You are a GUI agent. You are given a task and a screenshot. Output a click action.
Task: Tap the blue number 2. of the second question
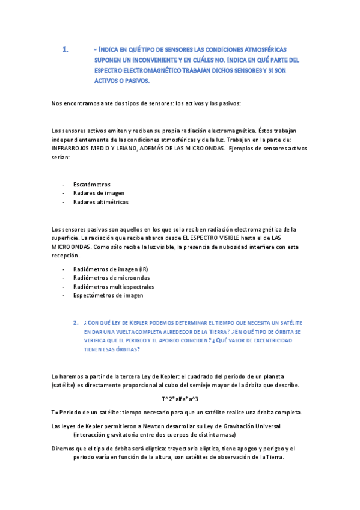pos(76,322)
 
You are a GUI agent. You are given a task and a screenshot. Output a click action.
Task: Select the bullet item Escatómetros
pos(91,184)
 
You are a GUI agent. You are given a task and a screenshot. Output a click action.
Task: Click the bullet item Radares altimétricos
pos(100,202)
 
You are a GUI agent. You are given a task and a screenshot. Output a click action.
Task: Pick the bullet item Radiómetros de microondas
pos(111,278)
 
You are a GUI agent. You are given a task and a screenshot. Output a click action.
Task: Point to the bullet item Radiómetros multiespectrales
pos(113,287)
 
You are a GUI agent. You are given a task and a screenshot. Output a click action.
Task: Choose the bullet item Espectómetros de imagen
pos(108,296)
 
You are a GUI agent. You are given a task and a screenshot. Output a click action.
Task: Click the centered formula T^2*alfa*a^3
pos(180,399)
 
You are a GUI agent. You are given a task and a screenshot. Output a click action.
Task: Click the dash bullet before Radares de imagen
pos(64,193)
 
